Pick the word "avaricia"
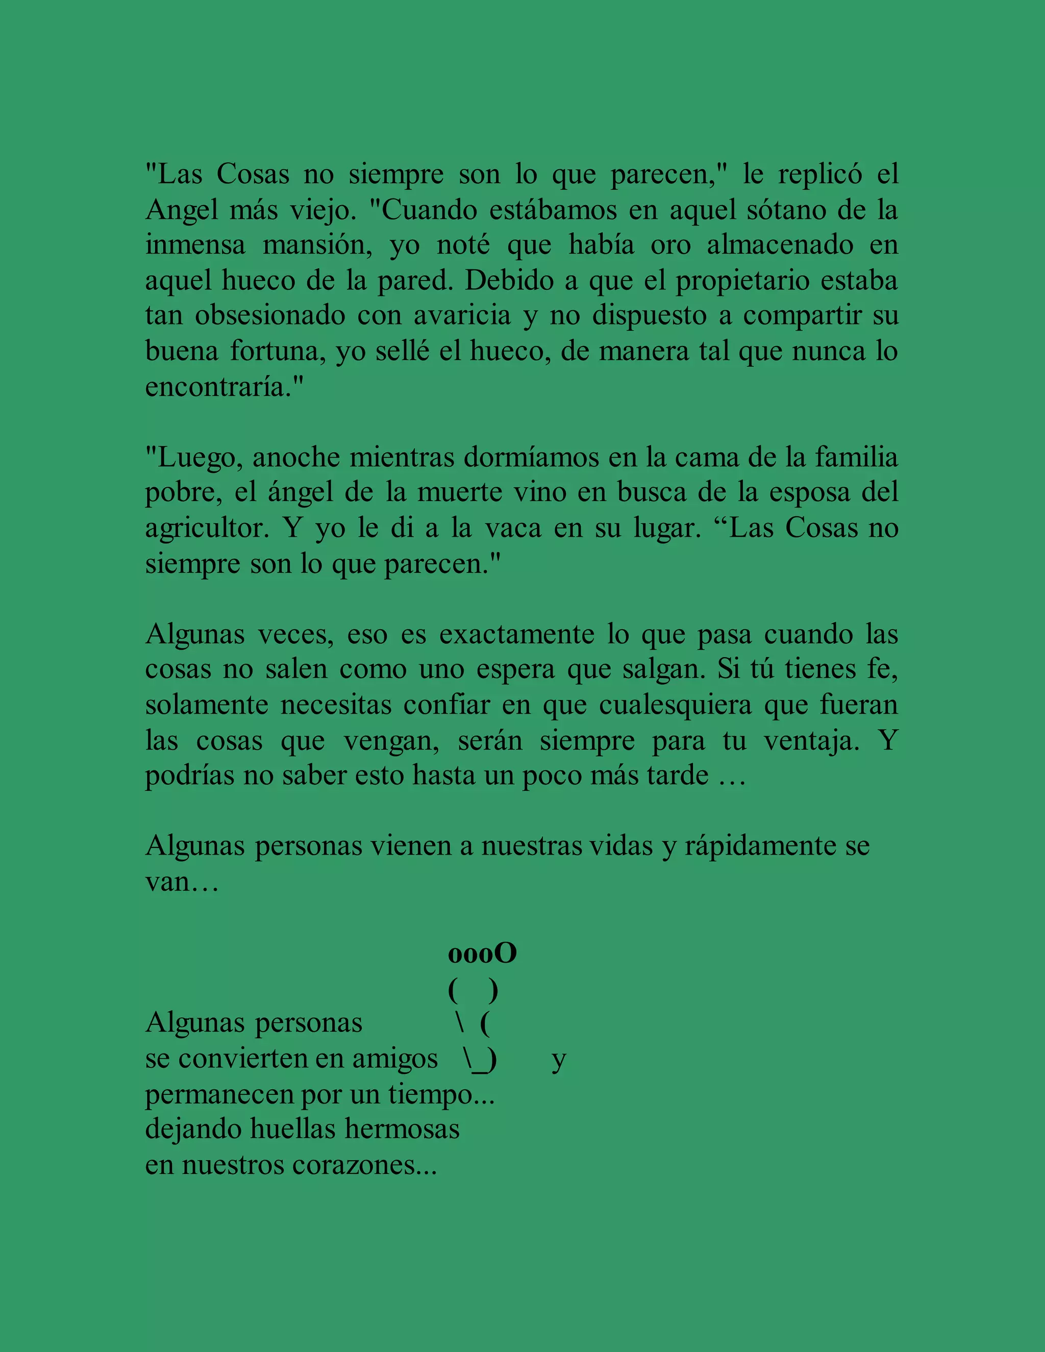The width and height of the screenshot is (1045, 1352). pyautogui.click(x=462, y=316)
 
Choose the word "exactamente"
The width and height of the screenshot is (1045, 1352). pyautogui.click(x=516, y=635)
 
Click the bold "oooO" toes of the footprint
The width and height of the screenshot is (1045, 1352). pyautogui.click(x=482, y=954)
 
